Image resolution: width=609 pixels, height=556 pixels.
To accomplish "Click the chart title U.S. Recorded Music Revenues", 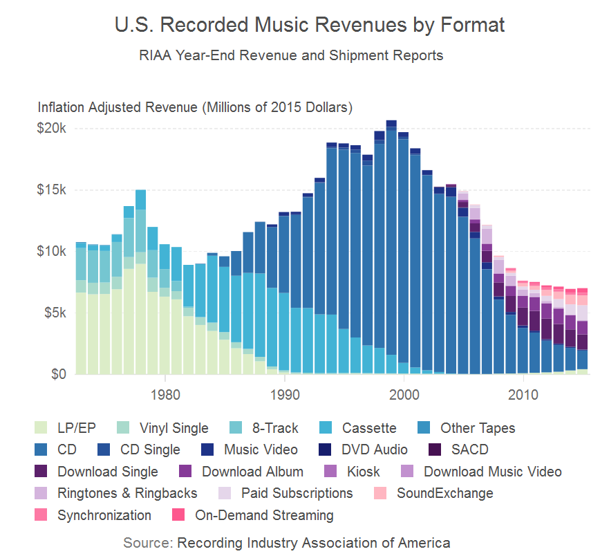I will [x=309, y=26].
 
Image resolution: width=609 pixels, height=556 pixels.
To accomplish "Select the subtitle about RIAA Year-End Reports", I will [x=291, y=55].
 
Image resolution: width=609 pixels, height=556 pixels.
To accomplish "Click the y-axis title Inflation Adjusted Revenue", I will [x=196, y=108].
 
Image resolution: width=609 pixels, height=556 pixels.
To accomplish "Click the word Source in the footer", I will [x=148, y=542].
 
